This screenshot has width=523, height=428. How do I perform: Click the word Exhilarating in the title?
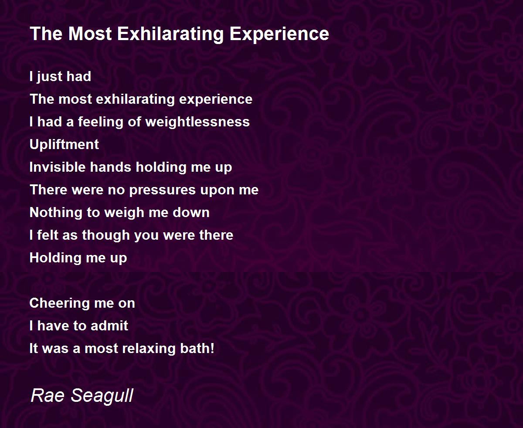coord(170,34)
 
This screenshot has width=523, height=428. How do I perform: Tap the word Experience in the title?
coord(279,34)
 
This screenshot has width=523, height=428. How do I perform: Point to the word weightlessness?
coord(197,122)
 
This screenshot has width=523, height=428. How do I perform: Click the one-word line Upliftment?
coord(64,145)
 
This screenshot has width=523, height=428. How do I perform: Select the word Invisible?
coord(58,167)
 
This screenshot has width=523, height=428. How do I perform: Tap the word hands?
coord(110,167)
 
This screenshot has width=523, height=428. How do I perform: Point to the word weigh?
coord(124,213)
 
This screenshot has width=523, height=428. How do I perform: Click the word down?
coord(191,213)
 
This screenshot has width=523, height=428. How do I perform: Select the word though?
coord(106,235)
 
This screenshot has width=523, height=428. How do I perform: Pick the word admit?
coord(109,326)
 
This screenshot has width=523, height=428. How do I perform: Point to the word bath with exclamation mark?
coord(197,348)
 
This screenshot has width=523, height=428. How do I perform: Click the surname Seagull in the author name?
coord(102,396)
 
